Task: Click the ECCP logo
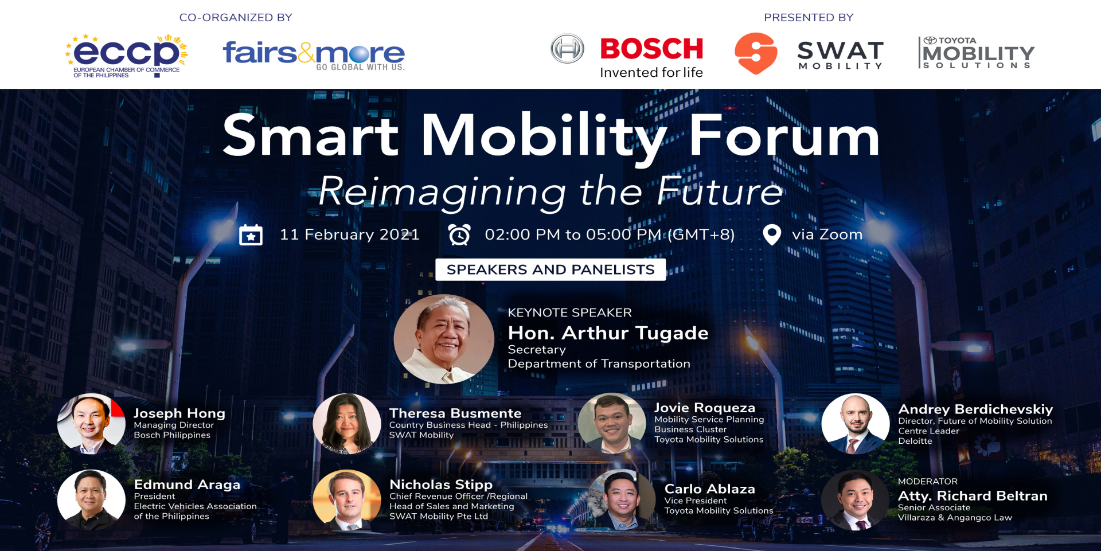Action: point(126,56)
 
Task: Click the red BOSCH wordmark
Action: point(651,49)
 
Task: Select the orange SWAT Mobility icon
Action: point(756,53)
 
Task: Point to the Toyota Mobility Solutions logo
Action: point(976,53)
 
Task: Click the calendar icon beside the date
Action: point(251,235)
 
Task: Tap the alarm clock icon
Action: point(459,235)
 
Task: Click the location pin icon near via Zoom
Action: point(772,235)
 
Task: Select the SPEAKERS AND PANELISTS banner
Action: point(550,269)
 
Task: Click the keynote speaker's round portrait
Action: point(444,339)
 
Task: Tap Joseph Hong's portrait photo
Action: point(91,424)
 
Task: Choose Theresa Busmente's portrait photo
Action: point(347,424)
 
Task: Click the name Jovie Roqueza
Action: point(705,408)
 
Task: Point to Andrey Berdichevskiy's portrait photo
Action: point(856,424)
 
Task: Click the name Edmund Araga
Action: point(187,484)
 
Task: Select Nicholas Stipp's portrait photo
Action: point(347,500)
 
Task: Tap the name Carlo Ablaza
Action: point(710,489)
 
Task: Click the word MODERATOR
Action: point(928,482)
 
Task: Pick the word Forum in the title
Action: point(784,135)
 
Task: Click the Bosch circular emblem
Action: point(567,49)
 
